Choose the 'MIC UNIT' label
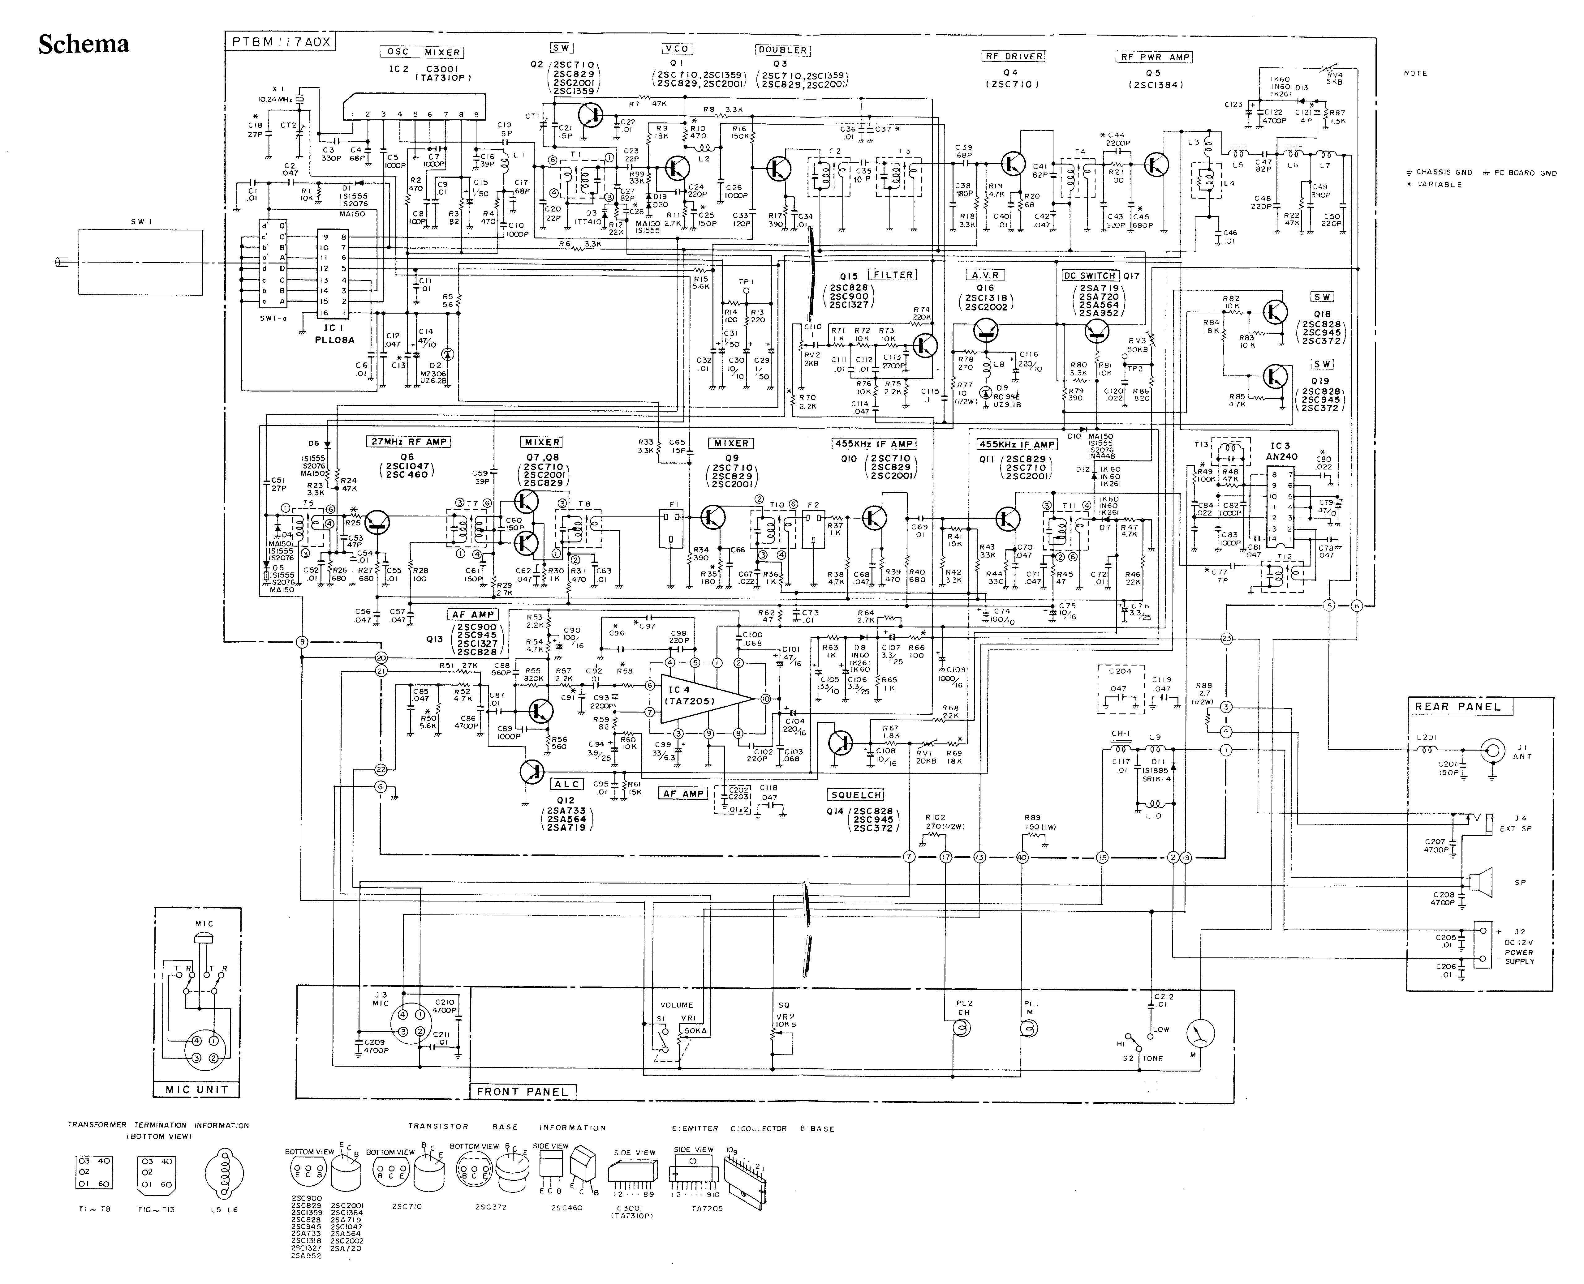197,1089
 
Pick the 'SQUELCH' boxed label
856,795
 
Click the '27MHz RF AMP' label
408,442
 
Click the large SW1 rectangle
140,263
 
